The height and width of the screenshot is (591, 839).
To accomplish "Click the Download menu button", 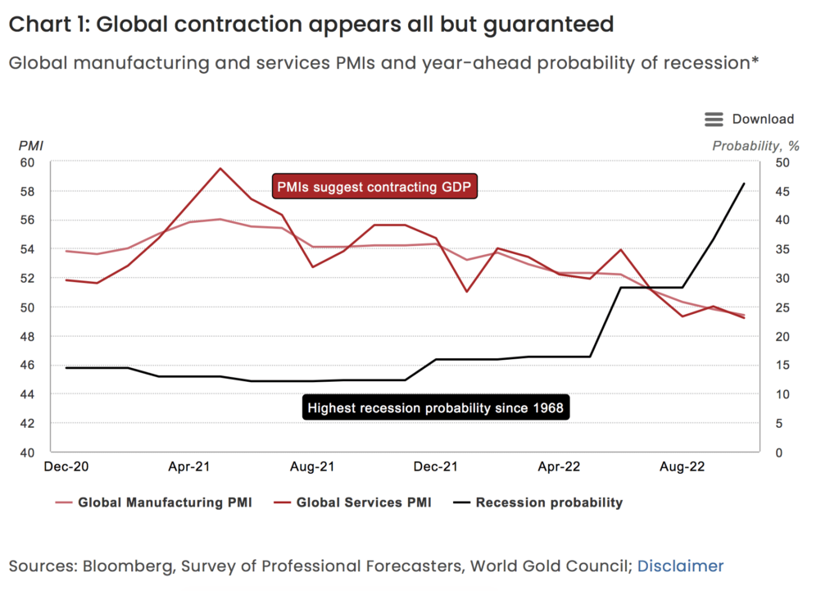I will (x=749, y=120).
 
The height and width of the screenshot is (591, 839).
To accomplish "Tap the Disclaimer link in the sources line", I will (x=680, y=566).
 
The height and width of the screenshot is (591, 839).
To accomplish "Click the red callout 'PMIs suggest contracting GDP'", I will (x=375, y=187).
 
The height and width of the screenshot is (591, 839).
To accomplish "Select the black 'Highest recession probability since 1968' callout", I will (x=435, y=407).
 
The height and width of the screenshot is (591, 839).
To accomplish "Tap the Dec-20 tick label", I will (x=67, y=466).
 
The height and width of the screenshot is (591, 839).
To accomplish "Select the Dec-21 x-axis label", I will (x=435, y=466).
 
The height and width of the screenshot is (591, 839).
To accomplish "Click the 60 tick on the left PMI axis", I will (x=28, y=162).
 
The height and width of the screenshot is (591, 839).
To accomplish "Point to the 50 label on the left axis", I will (x=28, y=307).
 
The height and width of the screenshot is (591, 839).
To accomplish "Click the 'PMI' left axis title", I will (x=30, y=146).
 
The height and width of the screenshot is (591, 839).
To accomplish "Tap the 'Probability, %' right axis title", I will (x=755, y=146).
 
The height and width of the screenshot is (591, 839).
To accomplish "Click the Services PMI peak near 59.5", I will (x=220, y=168).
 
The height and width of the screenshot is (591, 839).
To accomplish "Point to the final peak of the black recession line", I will (x=744, y=184).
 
